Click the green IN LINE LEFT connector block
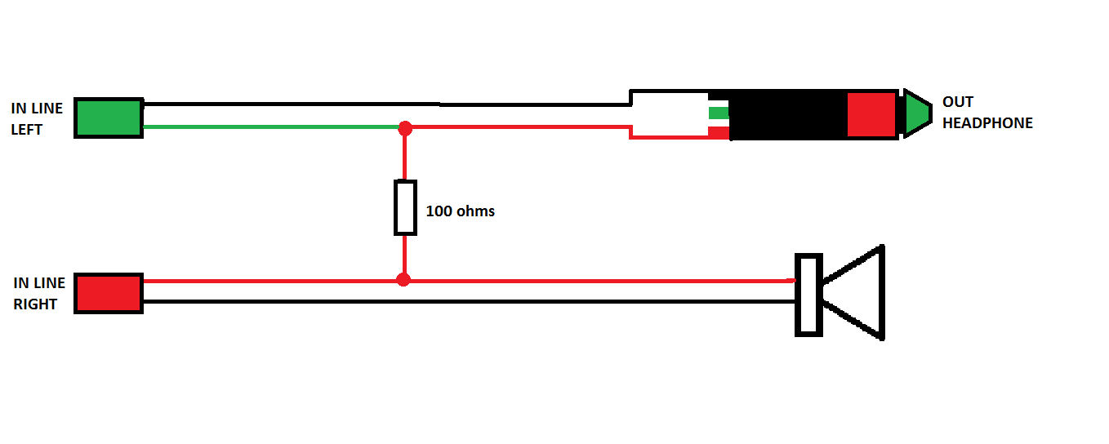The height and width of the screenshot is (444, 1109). [x=109, y=118]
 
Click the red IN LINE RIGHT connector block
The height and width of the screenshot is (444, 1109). [x=109, y=293]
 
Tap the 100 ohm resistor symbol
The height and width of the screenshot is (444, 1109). [x=405, y=207]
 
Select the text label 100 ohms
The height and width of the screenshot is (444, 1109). [x=460, y=211]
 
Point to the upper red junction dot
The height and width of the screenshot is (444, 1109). [x=404, y=128]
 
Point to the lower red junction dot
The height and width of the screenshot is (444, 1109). [x=403, y=280]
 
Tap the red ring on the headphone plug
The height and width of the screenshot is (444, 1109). [x=871, y=114]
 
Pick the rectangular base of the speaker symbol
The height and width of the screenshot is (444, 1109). [x=808, y=295]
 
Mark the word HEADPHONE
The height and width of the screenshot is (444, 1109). [x=987, y=123]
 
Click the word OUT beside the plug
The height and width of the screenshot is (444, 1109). [x=958, y=102]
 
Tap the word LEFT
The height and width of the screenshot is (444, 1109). [x=26, y=130]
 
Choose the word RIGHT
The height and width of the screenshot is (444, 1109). [x=35, y=304]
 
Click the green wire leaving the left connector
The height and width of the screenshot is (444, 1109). [x=269, y=127]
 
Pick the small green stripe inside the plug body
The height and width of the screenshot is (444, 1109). [x=718, y=113]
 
